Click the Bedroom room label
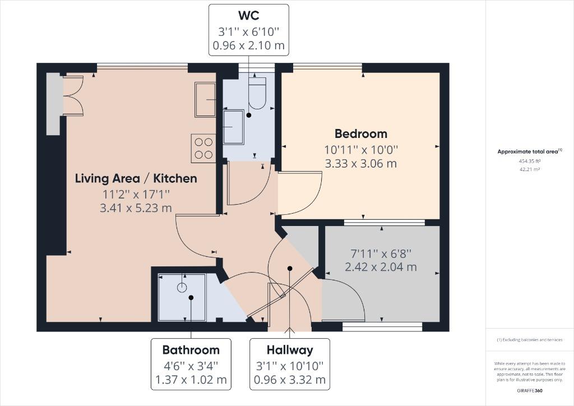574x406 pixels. click(360, 133)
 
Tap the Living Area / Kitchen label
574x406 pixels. click(136, 178)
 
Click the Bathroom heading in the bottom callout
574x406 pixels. click(191, 350)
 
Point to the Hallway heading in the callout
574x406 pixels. click(289, 350)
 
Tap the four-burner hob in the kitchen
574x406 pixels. click(203, 148)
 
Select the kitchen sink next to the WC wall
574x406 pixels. click(205, 99)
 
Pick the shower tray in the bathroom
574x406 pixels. click(182, 297)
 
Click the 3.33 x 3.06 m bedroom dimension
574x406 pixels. click(360, 164)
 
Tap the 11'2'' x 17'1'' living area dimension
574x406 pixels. click(136, 194)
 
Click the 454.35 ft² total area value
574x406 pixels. click(529, 160)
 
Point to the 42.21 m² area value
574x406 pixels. click(529, 168)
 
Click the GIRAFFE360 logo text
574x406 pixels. click(529, 390)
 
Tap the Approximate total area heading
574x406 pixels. click(529, 151)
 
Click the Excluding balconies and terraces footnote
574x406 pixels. click(529, 340)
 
